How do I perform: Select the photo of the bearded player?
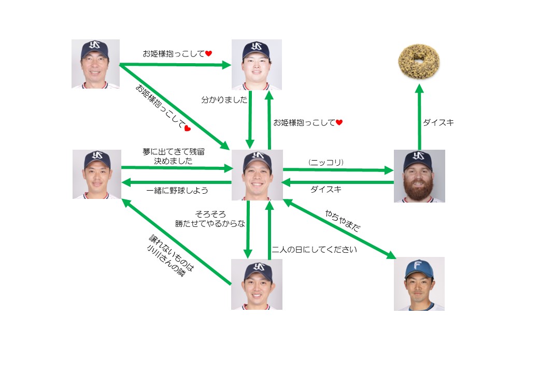[419, 176]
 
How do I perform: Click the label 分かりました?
[224, 100]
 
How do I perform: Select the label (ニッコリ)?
[326, 162]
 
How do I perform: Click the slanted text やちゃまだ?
[343, 221]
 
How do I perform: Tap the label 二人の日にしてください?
[315, 249]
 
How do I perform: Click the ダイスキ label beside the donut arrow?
[438, 123]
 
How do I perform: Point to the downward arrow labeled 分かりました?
[250, 119]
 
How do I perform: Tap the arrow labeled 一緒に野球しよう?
[176, 182]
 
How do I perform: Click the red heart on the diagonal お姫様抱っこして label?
[188, 128]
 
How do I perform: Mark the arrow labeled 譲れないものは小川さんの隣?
[176, 243]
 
